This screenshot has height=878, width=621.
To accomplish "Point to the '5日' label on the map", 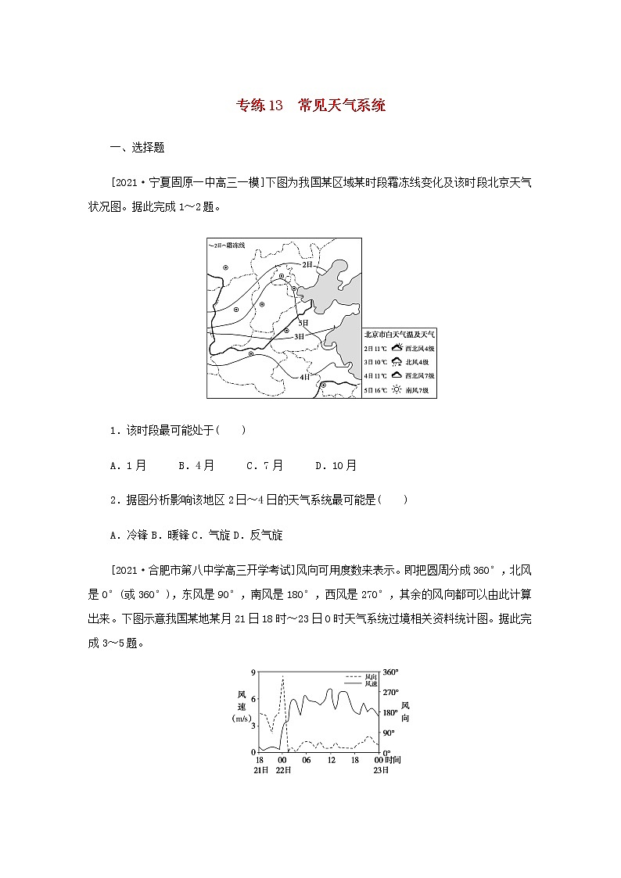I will pyautogui.click(x=303, y=322).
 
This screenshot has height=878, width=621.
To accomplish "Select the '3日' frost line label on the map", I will pyautogui.click(x=299, y=336).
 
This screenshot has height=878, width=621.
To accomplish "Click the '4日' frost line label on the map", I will pyautogui.click(x=305, y=376).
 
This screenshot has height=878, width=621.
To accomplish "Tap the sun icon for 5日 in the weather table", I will pyautogui.click(x=397, y=389).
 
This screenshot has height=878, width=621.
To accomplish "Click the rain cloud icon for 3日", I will pyautogui.click(x=397, y=361).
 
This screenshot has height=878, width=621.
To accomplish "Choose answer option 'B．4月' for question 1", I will pyautogui.click(x=196, y=465).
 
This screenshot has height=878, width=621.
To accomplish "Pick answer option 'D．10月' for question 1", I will pyautogui.click(x=336, y=465).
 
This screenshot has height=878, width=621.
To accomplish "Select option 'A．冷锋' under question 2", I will pyautogui.click(x=129, y=535).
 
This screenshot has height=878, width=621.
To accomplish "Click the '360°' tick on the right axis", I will pyautogui.click(x=391, y=672).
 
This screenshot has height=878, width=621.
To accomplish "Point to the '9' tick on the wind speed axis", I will pyautogui.click(x=253, y=672).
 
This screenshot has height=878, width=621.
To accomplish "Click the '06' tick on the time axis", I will pyautogui.click(x=306, y=760).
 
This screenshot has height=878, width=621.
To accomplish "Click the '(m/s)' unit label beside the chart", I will pyautogui.click(x=242, y=718).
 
